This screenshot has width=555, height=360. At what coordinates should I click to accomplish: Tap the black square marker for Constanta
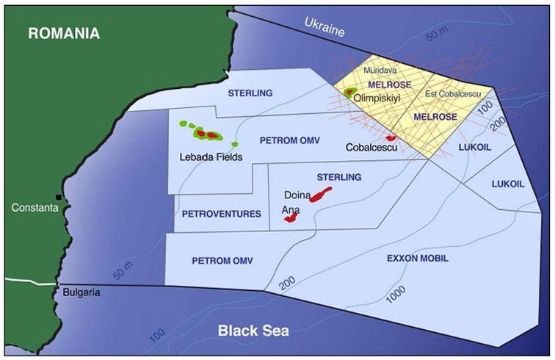[x=59, y=198]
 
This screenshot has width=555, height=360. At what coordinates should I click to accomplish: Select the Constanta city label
[x=33, y=208]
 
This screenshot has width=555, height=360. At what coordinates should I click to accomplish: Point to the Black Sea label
[x=253, y=331]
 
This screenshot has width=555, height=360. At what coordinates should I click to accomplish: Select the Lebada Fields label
[x=211, y=156]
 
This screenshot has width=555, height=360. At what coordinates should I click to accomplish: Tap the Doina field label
[x=297, y=196]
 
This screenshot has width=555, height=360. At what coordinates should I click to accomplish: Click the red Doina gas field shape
[x=320, y=195]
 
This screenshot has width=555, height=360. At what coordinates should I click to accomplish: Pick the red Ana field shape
[x=291, y=218]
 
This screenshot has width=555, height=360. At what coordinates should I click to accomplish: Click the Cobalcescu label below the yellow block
[x=371, y=148]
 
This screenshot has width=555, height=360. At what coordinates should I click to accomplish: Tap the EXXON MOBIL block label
[x=417, y=259]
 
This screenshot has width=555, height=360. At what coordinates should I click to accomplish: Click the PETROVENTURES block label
[x=222, y=214]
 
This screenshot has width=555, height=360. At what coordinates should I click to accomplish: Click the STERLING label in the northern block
[x=250, y=93]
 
